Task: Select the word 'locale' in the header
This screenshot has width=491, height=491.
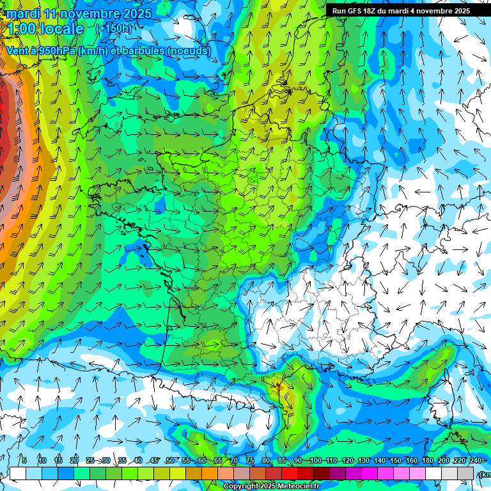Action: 63,29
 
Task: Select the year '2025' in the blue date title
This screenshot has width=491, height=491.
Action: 136,13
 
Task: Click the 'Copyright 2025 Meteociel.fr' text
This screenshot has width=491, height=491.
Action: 271,486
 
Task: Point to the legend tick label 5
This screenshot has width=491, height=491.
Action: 24,460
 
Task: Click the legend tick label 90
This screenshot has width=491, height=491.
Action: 298,460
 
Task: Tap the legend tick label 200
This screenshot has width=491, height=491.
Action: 443,460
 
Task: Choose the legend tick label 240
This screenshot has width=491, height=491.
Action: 475,460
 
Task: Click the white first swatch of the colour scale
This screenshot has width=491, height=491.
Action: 18,473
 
